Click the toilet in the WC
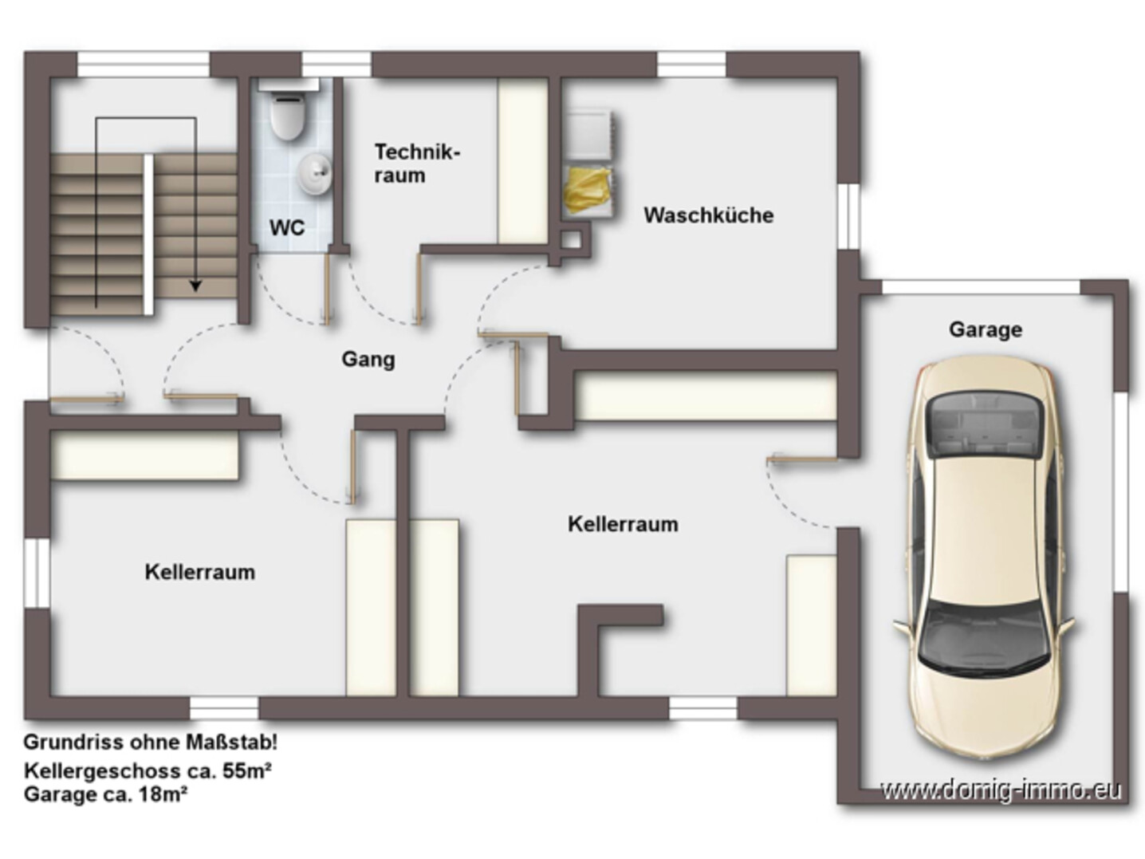(x=287, y=116)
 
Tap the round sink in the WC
(x=315, y=174)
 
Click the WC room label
(x=286, y=228)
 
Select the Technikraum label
(x=416, y=164)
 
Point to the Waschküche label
(x=708, y=215)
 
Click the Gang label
(x=368, y=360)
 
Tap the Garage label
(x=985, y=329)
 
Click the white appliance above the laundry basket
(x=589, y=134)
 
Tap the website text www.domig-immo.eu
(x=1001, y=790)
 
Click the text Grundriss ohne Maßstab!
(x=150, y=743)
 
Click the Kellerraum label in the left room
(x=199, y=573)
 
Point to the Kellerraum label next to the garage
(x=623, y=525)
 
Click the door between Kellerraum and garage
(x=801, y=460)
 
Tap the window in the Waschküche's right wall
(x=849, y=217)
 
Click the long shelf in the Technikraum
(x=522, y=161)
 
